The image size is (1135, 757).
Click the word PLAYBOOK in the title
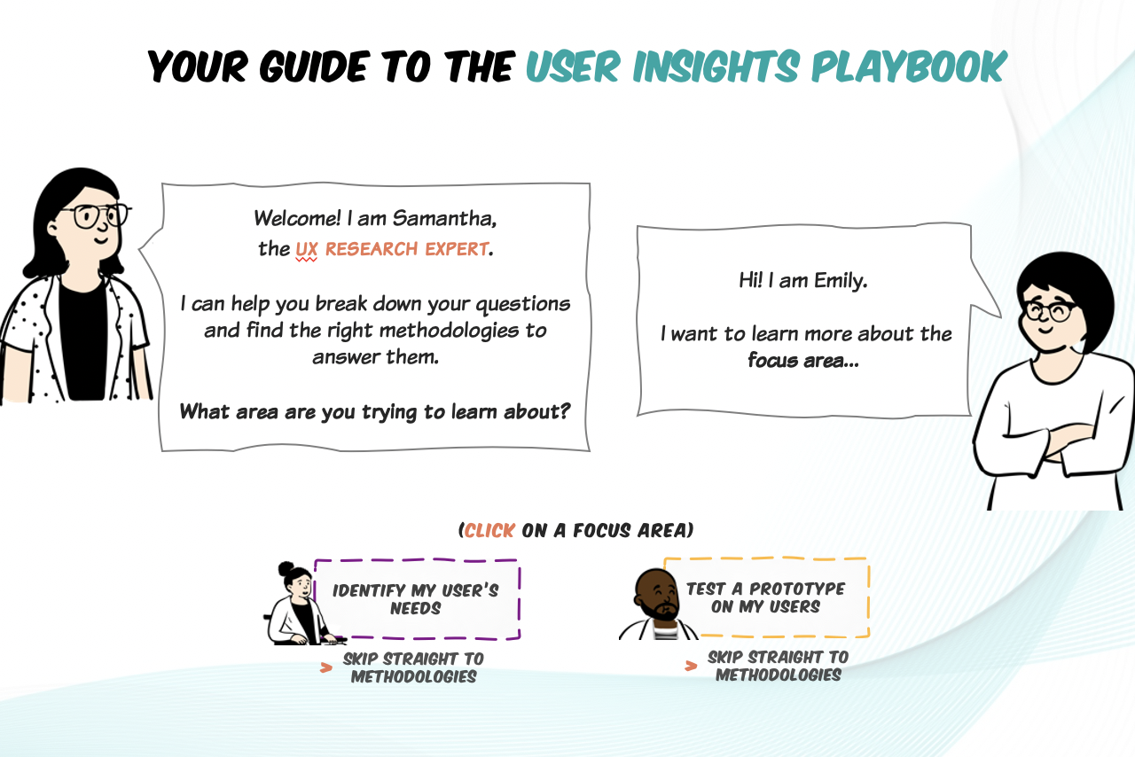coord(909,66)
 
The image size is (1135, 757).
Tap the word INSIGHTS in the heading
coord(716,66)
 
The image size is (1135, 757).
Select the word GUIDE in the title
coord(313,66)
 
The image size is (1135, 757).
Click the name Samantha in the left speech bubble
coord(444,218)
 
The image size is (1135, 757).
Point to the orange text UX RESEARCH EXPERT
coord(392,249)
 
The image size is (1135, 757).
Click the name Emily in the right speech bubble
coord(840,281)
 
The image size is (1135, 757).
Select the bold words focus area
coord(803,360)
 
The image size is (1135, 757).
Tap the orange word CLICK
coord(489,530)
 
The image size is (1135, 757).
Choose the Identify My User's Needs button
coord(417,599)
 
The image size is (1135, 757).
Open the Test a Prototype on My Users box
coord(766,597)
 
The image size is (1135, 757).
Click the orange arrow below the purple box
coord(325,667)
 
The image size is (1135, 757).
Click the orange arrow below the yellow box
coord(691,666)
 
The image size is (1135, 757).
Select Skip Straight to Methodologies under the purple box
coord(413,667)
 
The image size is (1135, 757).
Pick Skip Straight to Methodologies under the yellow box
coord(779,666)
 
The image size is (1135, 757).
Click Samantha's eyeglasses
coord(97,216)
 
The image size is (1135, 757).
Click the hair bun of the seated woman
coord(286,568)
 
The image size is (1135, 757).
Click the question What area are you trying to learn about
coord(375,411)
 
